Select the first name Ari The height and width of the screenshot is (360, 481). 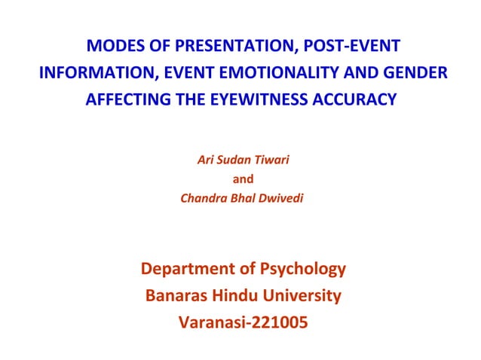[205, 160]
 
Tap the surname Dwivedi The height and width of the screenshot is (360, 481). [280, 199]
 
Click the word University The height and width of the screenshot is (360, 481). [305, 296]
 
